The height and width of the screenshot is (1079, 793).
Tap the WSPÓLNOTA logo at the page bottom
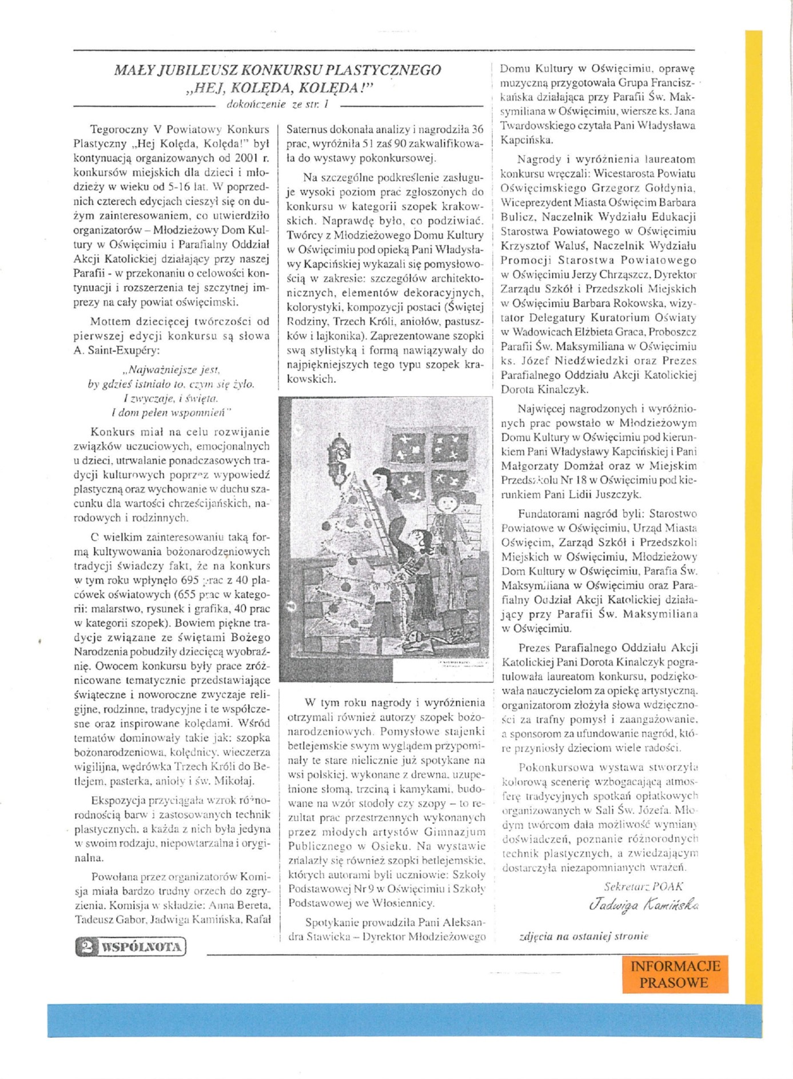pyautogui.click(x=141, y=947)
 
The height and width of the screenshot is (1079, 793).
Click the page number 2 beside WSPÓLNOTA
pyautogui.click(x=87, y=947)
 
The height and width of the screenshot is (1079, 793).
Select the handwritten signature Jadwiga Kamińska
pyautogui.click(x=643, y=905)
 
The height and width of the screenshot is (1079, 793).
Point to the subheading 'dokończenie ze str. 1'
pyautogui.click(x=278, y=105)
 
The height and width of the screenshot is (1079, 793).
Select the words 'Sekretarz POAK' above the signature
pyautogui.click(x=643, y=886)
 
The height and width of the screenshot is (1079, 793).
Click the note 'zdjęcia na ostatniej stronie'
pyautogui.click(x=584, y=936)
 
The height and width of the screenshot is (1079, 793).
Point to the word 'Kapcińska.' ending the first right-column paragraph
pyautogui.click(x=527, y=139)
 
